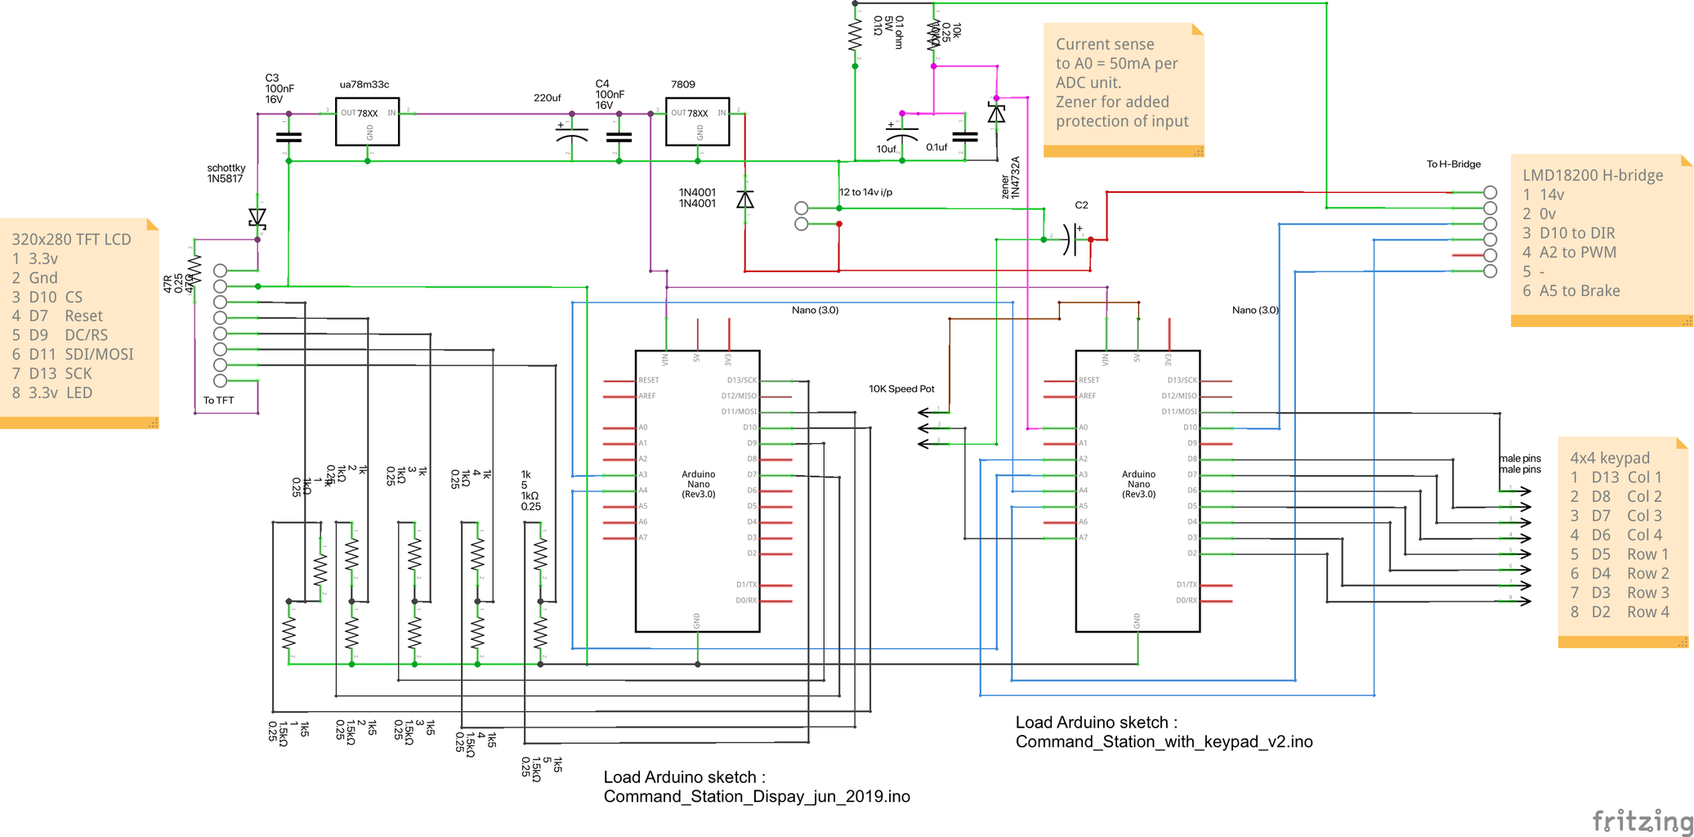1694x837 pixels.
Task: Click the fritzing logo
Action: pyautogui.click(x=1643, y=821)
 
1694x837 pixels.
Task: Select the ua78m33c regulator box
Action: pyautogui.click(x=367, y=122)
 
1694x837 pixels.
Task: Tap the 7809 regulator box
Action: pyautogui.click(x=697, y=122)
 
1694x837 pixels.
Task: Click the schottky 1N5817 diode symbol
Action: pyautogui.click(x=257, y=218)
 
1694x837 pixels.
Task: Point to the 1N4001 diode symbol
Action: pyautogui.click(x=745, y=199)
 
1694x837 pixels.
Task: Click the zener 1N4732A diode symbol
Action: pyautogui.click(x=996, y=114)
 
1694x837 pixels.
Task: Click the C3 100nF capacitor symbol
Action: pyautogui.click(x=288, y=137)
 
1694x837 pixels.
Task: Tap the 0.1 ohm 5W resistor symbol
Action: pyautogui.click(x=855, y=35)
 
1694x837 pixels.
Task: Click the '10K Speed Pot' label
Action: pyautogui.click(x=901, y=389)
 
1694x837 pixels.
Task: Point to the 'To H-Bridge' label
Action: pyautogui.click(x=1453, y=164)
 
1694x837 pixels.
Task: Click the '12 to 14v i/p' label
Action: pyautogui.click(x=866, y=192)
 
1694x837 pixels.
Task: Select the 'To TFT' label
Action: pyautogui.click(x=218, y=401)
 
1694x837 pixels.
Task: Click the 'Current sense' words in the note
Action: pyautogui.click(x=1104, y=44)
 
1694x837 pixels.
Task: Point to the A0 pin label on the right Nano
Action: pyautogui.click(x=1084, y=427)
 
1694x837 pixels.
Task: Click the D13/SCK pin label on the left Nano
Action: pyautogui.click(x=741, y=380)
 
